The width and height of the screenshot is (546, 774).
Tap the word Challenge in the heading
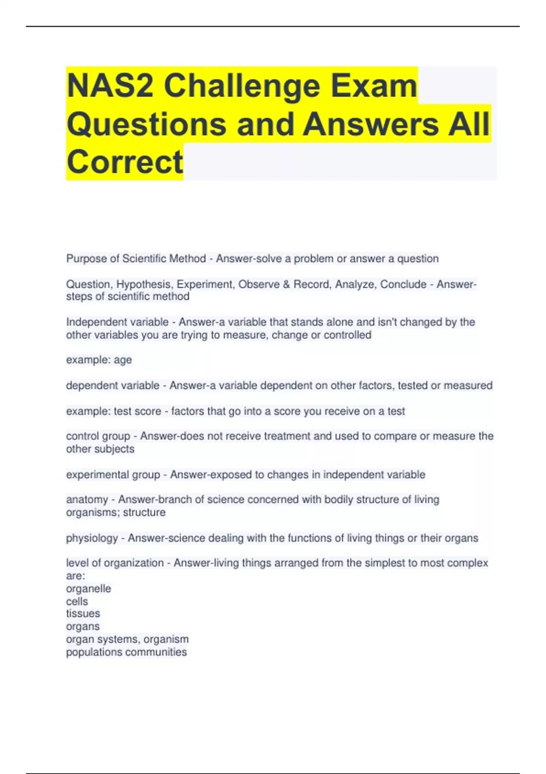coord(242,86)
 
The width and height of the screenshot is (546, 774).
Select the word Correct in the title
coord(125,162)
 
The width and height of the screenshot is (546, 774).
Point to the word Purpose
coord(86,259)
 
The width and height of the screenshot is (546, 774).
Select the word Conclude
coord(403,285)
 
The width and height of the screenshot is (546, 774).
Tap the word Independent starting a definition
coord(94,322)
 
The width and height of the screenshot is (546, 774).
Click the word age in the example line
coord(122,360)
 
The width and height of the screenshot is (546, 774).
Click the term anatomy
coord(87,499)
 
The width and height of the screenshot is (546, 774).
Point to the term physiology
coord(92,538)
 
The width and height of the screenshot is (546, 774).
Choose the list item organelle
coord(88,589)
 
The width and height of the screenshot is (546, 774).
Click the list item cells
coord(77,601)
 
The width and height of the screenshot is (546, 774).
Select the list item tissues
coord(83,614)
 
